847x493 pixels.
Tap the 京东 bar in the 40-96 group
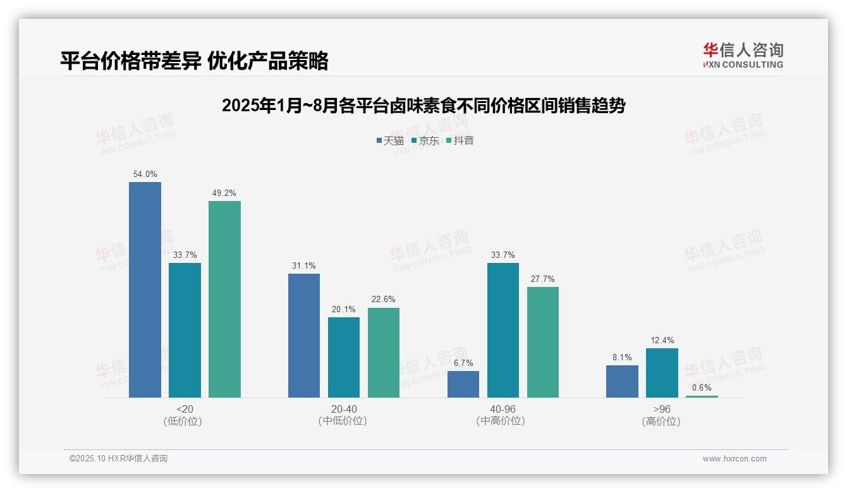(503, 330)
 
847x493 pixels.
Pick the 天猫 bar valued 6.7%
(463, 384)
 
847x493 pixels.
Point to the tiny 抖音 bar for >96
(702, 396)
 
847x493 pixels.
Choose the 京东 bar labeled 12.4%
(662, 373)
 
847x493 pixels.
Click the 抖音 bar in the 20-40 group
(384, 353)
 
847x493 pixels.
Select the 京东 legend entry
(425, 140)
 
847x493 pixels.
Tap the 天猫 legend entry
(390, 140)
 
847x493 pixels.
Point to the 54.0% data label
(145, 174)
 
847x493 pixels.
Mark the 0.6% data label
(702, 387)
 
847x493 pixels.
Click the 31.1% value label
(304, 265)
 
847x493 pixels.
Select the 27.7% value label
(543, 279)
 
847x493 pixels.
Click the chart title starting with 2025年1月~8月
(423, 106)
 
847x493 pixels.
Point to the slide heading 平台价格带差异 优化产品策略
(194, 61)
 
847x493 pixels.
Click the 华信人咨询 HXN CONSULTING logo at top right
(743, 55)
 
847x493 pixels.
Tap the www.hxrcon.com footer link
(734, 459)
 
